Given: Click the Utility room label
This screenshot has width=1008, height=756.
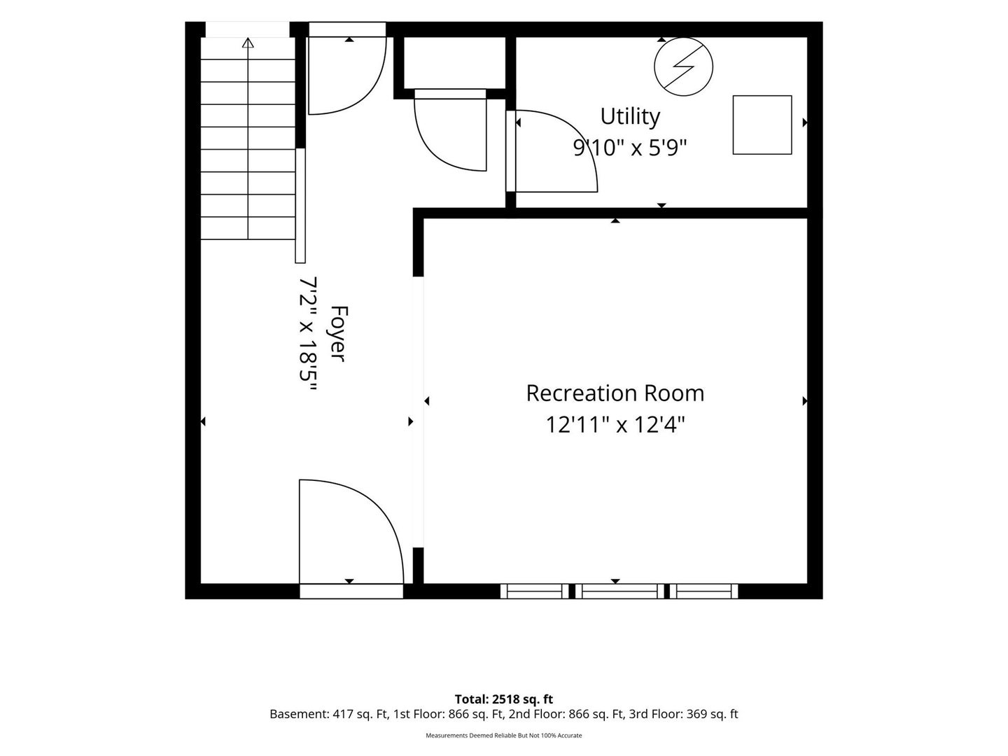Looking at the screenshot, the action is pyautogui.click(x=629, y=116).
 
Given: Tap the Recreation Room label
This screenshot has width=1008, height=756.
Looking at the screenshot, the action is pyautogui.click(x=615, y=393).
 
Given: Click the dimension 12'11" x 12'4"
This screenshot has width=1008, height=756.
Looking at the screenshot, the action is pyautogui.click(x=615, y=424).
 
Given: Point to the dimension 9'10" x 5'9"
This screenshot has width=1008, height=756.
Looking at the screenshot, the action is pyautogui.click(x=629, y=147).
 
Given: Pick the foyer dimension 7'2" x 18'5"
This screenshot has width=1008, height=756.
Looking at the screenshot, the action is pyautogui.click(x=309, y=334).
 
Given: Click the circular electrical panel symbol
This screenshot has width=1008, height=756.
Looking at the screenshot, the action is pyautogui.click(x=683, y=67).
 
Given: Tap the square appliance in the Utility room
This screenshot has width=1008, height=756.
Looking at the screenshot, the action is pyautogui.click(x=762, y=125).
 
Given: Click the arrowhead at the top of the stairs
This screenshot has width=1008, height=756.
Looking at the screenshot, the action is pyautogui.click(x=248, y=43).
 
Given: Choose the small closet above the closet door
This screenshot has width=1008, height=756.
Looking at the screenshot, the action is pyautogui.click(x=454, y=63).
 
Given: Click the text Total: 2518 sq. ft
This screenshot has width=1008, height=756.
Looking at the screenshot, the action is pyautogui.click(x=504, y=699).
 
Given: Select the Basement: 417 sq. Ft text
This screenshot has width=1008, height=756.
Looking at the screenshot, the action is pyautogui.click(x=329, y=714).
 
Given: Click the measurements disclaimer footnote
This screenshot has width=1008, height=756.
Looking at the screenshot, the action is pyautogui.click(x=504, y=735).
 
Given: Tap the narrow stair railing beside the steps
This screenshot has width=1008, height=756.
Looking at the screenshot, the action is pyautogui.click(x=300, y=206).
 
